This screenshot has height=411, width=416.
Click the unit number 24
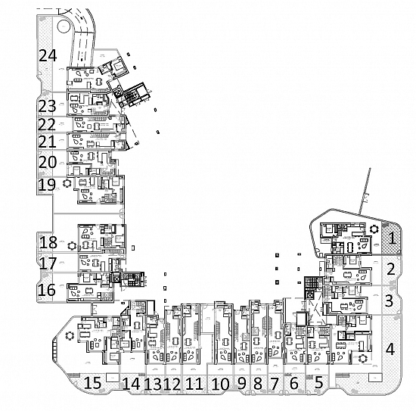(48, 56)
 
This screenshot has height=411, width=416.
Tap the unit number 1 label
(392, 238)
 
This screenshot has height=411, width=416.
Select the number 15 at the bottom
(92, 383)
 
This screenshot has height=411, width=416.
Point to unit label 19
(47, 185)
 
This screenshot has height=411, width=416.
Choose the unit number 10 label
(221, 384)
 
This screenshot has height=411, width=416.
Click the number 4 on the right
(390, 349)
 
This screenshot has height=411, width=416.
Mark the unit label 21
(47, 142)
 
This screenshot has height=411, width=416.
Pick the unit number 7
(275, 384)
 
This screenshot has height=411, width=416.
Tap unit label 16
(47, 290)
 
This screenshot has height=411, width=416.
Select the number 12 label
(172, 384)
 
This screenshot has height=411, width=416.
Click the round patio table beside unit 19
(67, 183)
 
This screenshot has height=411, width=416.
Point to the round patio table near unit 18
(72, 246)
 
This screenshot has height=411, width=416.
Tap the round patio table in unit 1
(374, 229)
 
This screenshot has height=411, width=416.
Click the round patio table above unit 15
(70, 336)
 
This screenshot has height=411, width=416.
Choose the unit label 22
(47, 124)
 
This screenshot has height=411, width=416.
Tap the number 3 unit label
(390, 300)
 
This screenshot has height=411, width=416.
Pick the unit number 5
(318, 383)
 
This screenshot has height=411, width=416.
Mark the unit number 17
(48, 263)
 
